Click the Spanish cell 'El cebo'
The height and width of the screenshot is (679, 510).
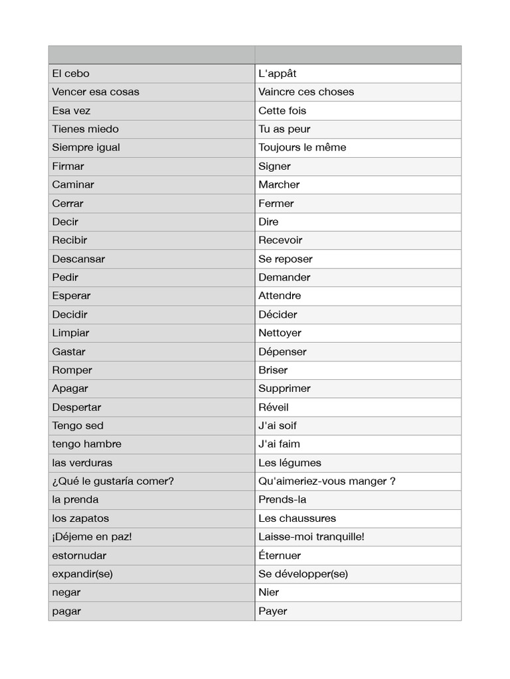coord(71,74)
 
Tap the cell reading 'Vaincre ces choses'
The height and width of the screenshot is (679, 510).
coord(306,92)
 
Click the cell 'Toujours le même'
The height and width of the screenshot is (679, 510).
coord(302,148)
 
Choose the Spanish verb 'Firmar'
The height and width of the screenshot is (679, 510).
coord(68,166)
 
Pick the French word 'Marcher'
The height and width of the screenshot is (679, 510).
coord(279,185)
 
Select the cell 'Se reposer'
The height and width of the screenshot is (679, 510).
coord(286,259)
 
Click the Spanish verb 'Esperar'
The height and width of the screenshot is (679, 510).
coord(72,296)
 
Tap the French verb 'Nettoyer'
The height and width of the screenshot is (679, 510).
coord(280,333)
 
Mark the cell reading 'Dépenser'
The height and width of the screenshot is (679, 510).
coord(282,351)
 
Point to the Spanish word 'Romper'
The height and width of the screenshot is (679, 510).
coord(72,370)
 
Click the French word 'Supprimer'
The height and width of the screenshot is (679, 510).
coord(284,389)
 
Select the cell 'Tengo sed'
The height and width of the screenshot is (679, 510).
coord(78,426)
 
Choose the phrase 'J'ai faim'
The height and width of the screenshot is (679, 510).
coord(279,444)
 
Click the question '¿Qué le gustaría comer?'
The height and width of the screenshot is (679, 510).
coord(113,481)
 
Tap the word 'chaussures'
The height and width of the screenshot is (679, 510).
coord(308,519)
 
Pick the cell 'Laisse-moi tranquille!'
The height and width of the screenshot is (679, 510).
coord(311,537)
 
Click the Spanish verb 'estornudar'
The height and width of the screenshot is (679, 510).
coord(80,556)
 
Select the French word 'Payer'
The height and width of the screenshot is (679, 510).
coord(273,611)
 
